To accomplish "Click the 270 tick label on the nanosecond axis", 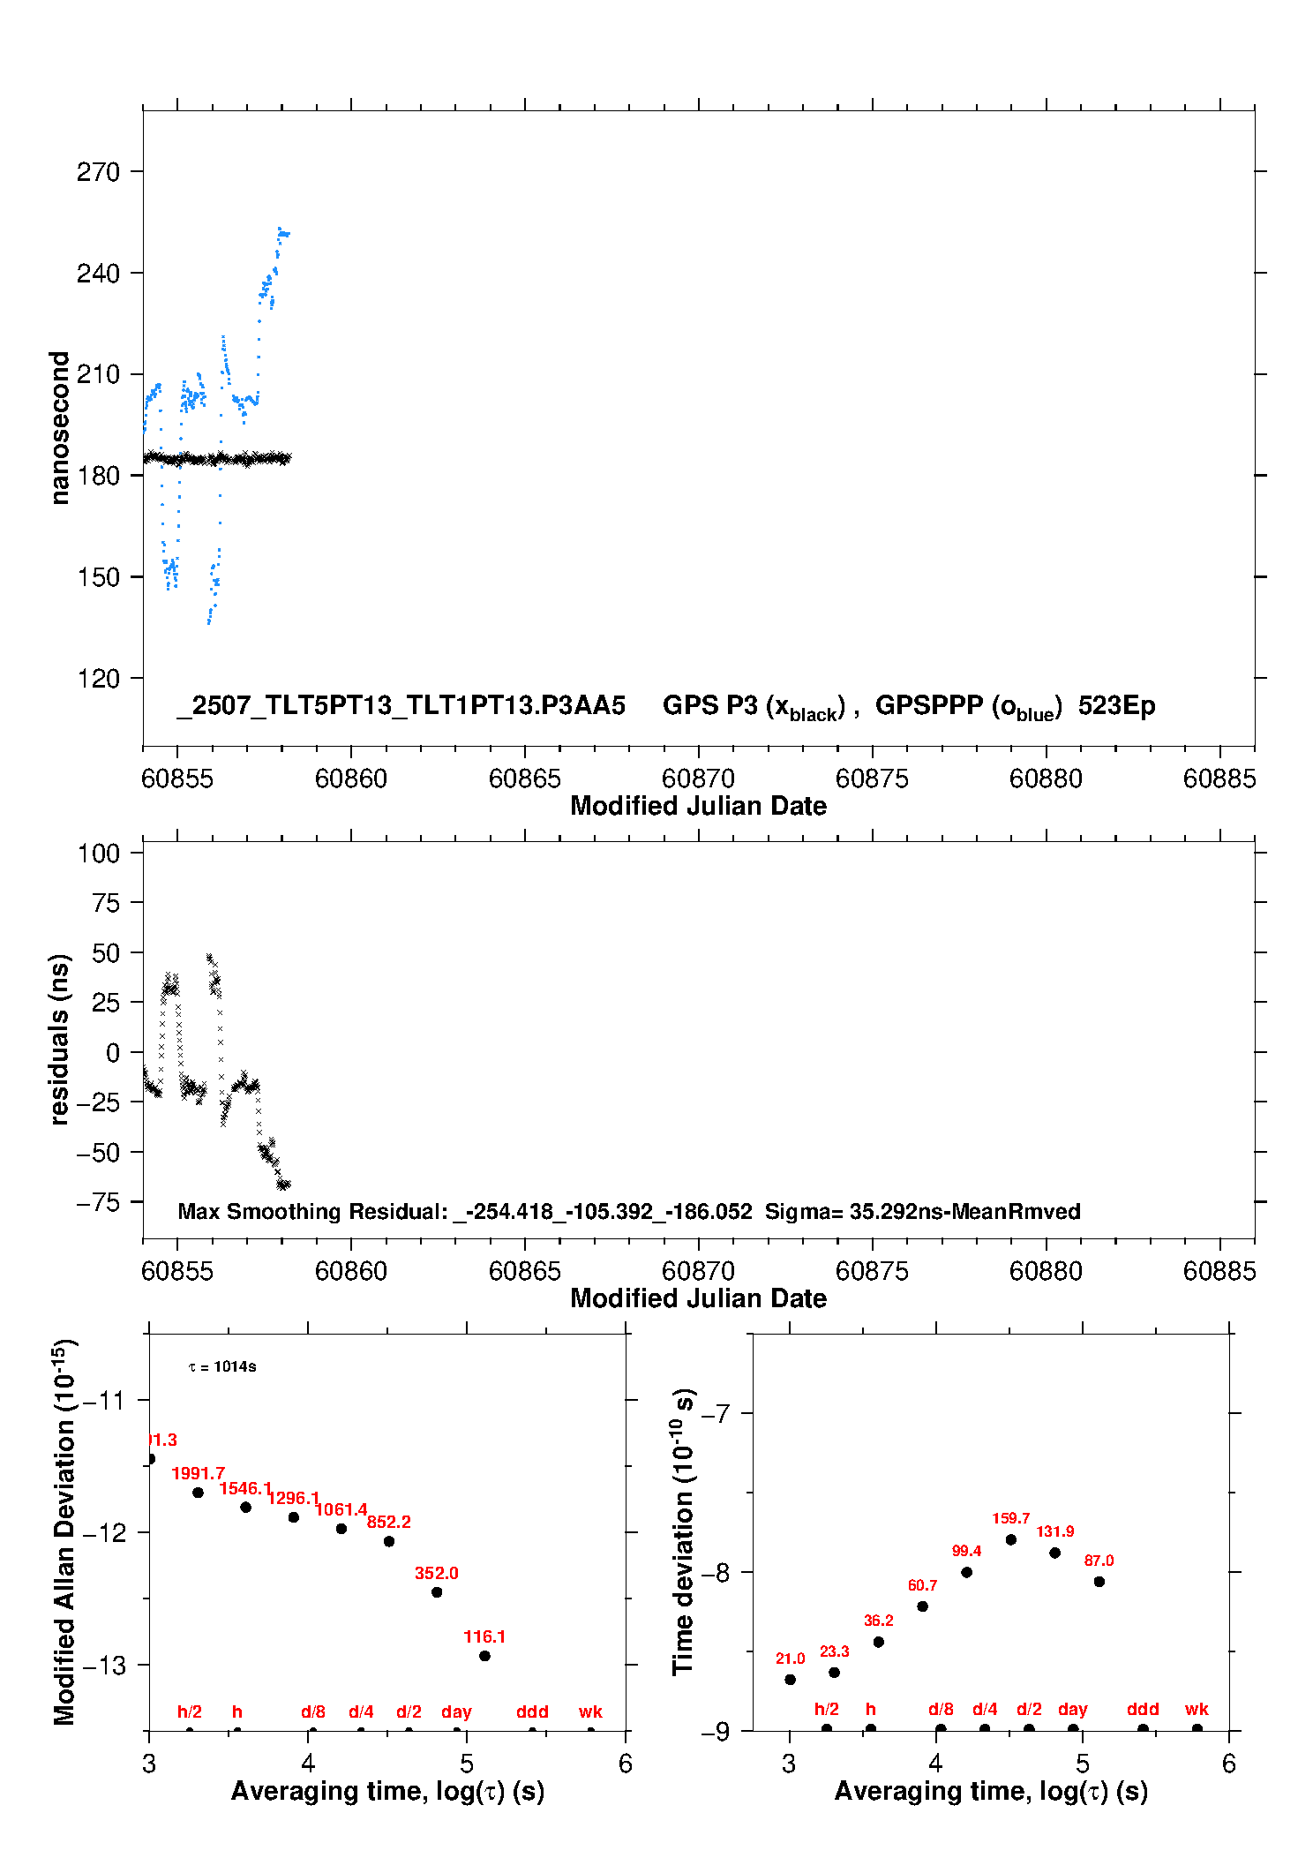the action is (98, 171).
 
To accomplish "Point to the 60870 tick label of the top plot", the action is (698, 779).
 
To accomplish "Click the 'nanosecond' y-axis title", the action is (59, 428).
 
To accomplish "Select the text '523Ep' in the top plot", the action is (1116, 705).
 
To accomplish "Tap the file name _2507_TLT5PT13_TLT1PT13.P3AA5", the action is (401, 705).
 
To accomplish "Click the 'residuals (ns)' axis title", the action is (59, 1039).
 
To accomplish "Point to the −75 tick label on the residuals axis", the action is (98, 1202).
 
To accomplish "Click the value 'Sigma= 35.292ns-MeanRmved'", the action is (922, 1211).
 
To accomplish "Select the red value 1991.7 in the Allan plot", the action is (198, 1473).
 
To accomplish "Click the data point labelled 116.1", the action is (484, 1656).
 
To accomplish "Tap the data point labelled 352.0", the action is (437, 1592).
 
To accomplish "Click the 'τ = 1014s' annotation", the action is (222, 1367).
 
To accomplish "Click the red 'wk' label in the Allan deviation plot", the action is (590, 1711).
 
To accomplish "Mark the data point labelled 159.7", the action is (1011, 1539).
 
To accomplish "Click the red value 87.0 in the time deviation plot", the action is (1099, 1561).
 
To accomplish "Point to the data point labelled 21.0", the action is (790, 1680).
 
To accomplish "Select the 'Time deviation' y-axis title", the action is (684, 1531).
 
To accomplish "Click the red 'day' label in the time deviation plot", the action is (1072, 1710).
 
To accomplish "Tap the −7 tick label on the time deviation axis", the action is (716, 1414).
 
